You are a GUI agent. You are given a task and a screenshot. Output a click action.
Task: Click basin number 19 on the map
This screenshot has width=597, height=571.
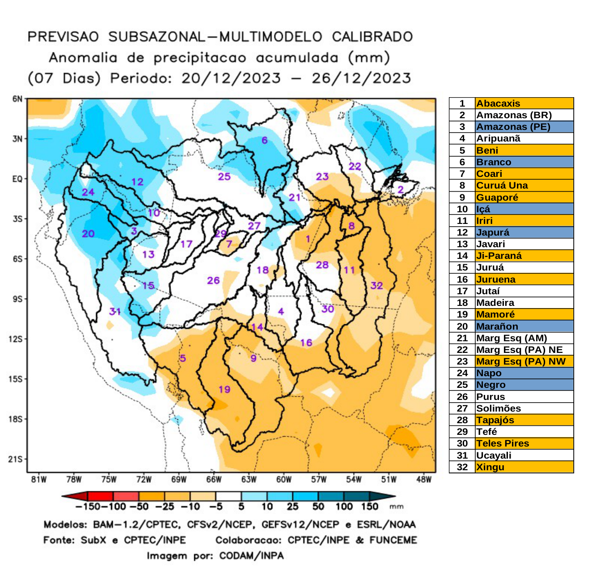point(224,389)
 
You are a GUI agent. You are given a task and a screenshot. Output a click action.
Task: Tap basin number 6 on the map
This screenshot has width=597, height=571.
point(264,141)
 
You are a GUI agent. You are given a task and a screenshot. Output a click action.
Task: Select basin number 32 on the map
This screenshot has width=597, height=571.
point(376,286)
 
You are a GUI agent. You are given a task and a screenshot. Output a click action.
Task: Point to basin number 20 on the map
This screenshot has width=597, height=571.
point(88,234)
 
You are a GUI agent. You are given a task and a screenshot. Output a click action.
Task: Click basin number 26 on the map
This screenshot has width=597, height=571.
point(213,280)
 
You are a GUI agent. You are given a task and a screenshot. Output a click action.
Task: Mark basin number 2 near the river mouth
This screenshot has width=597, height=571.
point(401,190)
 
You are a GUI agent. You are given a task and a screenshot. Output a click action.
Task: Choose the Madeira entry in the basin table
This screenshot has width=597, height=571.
point(495,303)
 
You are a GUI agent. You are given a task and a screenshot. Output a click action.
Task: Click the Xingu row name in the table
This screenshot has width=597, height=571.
point(490,467)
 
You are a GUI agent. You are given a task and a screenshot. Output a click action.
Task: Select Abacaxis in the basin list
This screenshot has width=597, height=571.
point(498,103)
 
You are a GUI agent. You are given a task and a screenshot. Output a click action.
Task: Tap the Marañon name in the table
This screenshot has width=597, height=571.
point(497,326)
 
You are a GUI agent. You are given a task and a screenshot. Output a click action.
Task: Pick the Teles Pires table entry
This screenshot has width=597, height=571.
point(502,443)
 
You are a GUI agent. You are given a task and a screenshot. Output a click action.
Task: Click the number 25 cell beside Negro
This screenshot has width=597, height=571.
point(462,385)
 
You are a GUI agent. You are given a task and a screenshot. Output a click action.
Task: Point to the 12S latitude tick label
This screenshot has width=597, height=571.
point(16,339)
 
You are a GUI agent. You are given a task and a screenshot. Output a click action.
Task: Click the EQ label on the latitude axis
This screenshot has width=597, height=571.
point(17,179)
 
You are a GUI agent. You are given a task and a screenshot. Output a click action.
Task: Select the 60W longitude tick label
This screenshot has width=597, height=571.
point(284,480)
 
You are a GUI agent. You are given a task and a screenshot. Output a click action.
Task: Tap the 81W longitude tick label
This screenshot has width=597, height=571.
point(39,480)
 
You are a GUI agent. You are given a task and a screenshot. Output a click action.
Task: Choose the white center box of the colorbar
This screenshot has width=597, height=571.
point(228,496)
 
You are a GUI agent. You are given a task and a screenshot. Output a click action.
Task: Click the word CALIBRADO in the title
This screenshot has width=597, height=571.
point(372,37)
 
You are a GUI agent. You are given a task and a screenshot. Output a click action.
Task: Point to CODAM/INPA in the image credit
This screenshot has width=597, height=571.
point(251,556)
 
